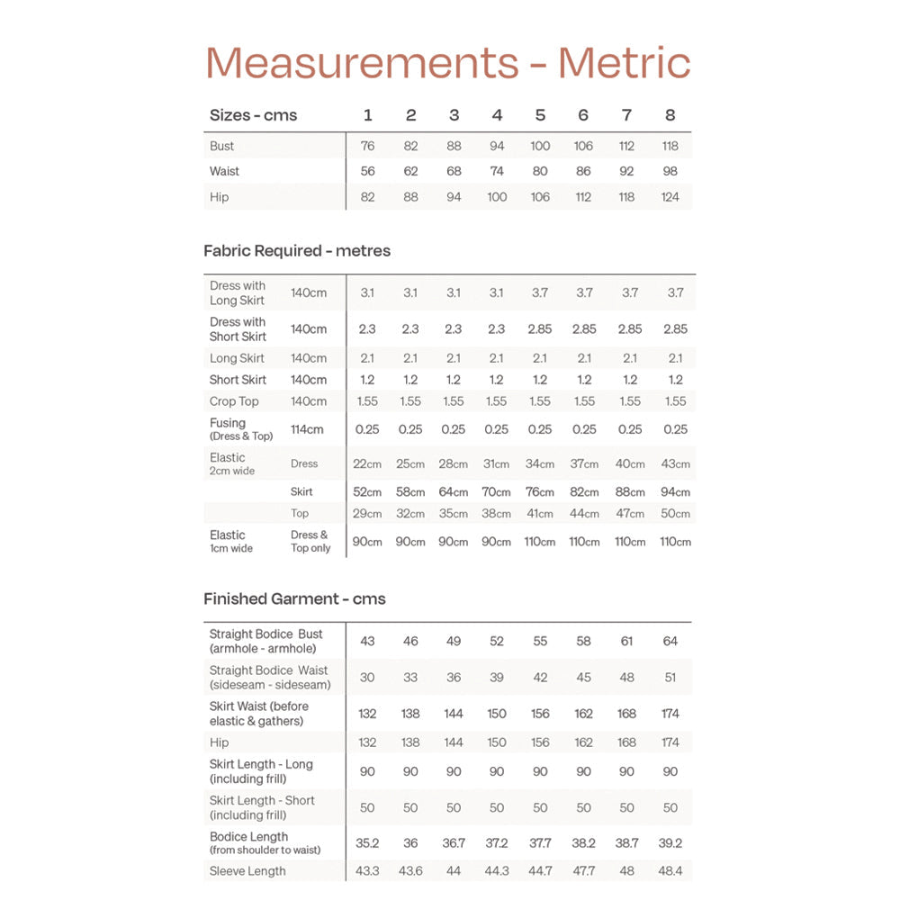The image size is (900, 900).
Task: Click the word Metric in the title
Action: click(624, 63)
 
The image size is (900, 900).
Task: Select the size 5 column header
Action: click(540, 115)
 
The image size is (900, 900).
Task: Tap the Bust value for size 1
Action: click(367, 146)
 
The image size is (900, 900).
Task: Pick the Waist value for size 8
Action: click(670, 171)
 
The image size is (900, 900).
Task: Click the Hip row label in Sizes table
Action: click(220, 197)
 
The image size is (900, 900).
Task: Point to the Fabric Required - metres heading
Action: click(297, 251)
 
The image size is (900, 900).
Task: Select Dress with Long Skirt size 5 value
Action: click(540, 292)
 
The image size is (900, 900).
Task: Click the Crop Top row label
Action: click(234, 401)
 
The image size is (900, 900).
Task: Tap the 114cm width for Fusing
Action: click(307, 429)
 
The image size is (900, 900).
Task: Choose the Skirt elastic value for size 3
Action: click(454, 492)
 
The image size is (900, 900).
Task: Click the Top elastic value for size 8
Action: click(675, 514)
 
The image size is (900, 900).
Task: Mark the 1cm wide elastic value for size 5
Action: click(540, 542)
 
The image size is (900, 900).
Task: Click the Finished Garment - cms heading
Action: click(294, 598)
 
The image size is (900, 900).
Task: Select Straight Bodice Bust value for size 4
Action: click(497, 641)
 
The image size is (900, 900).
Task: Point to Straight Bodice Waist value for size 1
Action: click(367, 678)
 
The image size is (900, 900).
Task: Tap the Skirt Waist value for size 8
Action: click(670, 714)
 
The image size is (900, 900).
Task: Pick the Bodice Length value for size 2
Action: click(410, 843)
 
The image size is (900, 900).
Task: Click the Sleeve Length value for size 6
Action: click(583, 871)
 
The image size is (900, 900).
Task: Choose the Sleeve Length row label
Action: click(247, 871)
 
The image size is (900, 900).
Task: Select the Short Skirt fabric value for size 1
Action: click(367, 380)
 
